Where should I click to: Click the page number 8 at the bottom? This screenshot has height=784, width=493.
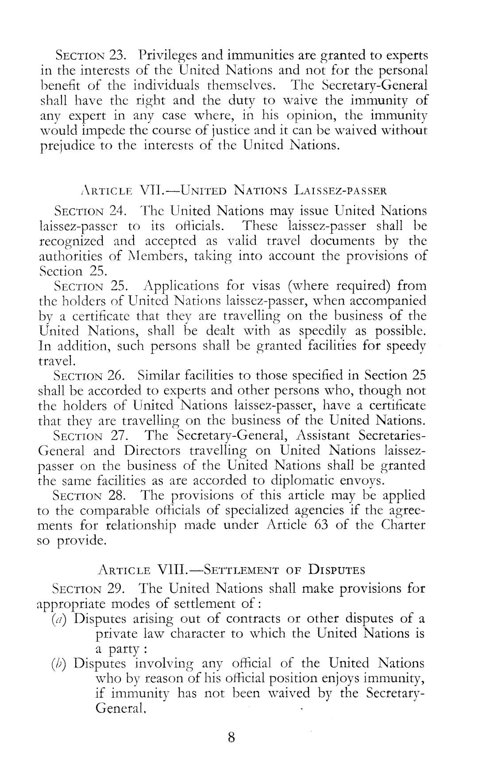pyautogui.click(x=231, y=737)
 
